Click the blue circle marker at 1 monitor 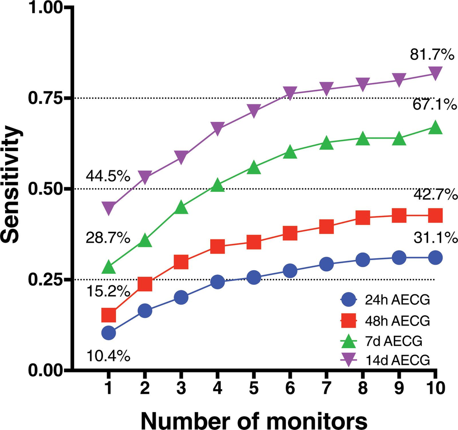(x=109, y=333)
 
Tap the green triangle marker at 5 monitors (x=254, y=168)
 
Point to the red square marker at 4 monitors (x=218, y=247)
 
